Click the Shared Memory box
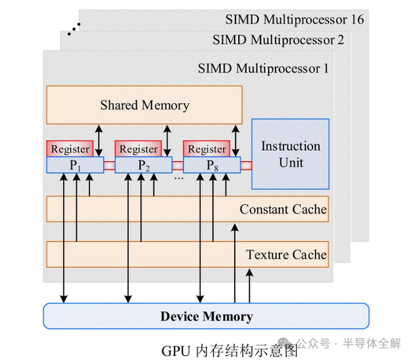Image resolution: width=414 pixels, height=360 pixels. click(144, 105)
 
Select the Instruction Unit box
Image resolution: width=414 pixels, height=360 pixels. click(290, 154)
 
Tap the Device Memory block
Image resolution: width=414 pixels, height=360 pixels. click(206, 316)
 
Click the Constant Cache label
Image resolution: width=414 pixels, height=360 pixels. click(283, 209)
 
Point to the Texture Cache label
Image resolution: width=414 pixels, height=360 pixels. click(286, 254)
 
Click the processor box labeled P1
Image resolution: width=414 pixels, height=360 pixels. click(75, 165)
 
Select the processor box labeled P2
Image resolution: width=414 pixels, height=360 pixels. click(144, 165)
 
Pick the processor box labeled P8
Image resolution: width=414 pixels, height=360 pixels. click(212, 165)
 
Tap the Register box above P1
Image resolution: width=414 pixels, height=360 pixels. click(70, 149)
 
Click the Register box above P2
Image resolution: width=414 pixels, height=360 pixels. click(138, 149)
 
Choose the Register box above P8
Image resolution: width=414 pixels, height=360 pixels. click(207, 149)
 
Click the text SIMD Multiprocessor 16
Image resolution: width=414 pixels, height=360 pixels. click(294, 19)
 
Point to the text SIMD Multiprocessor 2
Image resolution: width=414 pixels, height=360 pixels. click(278, 40)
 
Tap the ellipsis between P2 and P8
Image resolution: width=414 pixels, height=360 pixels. click(178, 175)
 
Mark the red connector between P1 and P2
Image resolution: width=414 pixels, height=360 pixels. click(109, 166)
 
